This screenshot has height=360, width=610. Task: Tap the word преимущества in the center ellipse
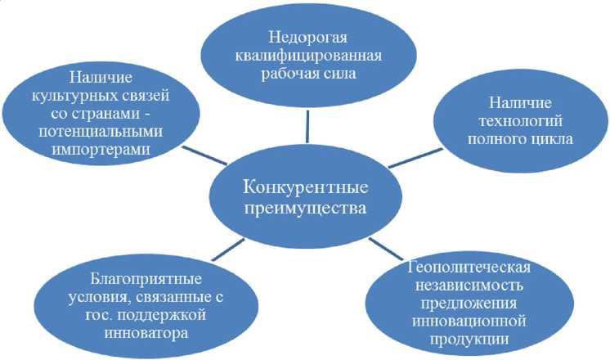point(305,208)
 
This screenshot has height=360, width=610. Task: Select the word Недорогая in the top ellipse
point(306,37)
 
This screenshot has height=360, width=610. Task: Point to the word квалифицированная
point(306,56)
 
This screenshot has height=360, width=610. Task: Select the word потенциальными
point(105,132)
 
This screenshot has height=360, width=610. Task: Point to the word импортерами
point(105,150)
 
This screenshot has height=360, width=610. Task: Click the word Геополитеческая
point(471,269)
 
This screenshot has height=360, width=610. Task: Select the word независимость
point(471,287)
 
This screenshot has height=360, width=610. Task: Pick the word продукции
point(471,340)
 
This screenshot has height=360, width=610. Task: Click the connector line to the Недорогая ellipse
point(307,124)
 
